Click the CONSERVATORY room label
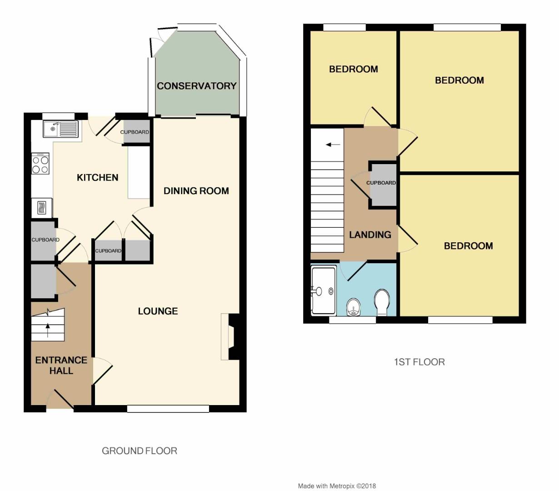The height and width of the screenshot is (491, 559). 197,86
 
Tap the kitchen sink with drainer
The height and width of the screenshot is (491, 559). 60,129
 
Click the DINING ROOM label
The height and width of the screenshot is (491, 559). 196,191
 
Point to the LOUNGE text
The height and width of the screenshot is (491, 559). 158,311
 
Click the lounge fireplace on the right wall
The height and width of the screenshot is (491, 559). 229,336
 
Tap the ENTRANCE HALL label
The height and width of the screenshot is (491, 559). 61,365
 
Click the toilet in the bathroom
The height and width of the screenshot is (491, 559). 382,302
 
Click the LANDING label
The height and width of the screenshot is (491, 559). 370,235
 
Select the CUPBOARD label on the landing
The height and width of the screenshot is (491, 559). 381,183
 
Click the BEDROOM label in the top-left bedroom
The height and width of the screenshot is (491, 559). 354,70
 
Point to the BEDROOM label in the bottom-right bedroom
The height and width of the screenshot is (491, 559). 468,246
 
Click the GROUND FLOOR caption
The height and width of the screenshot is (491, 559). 140,451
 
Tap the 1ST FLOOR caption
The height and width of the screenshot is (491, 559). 419,362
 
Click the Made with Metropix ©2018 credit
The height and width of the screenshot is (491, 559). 337,486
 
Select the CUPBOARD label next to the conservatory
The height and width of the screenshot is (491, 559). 135,132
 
